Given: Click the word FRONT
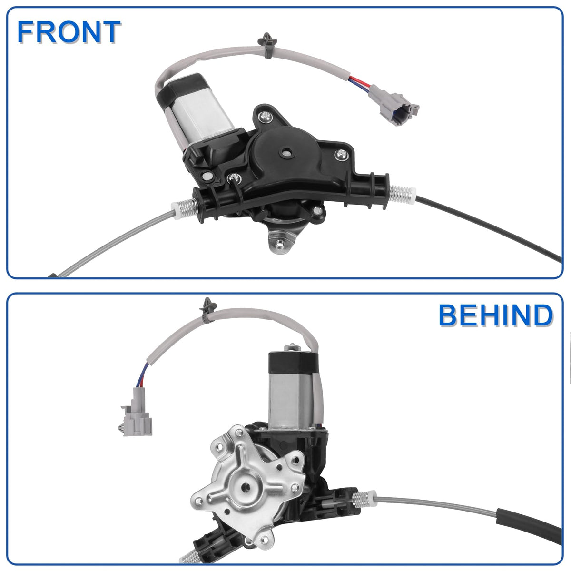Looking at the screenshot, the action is point(69,32).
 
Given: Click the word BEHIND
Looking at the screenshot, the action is point(495,315).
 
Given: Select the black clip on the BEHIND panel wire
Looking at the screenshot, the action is point(208,310).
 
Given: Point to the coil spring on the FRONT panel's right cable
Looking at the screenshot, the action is point(403,194).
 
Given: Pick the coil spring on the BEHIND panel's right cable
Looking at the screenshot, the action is point(364,499).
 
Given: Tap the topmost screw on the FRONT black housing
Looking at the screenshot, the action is point(265,117).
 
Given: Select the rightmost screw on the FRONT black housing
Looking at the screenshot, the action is point(341,155).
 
